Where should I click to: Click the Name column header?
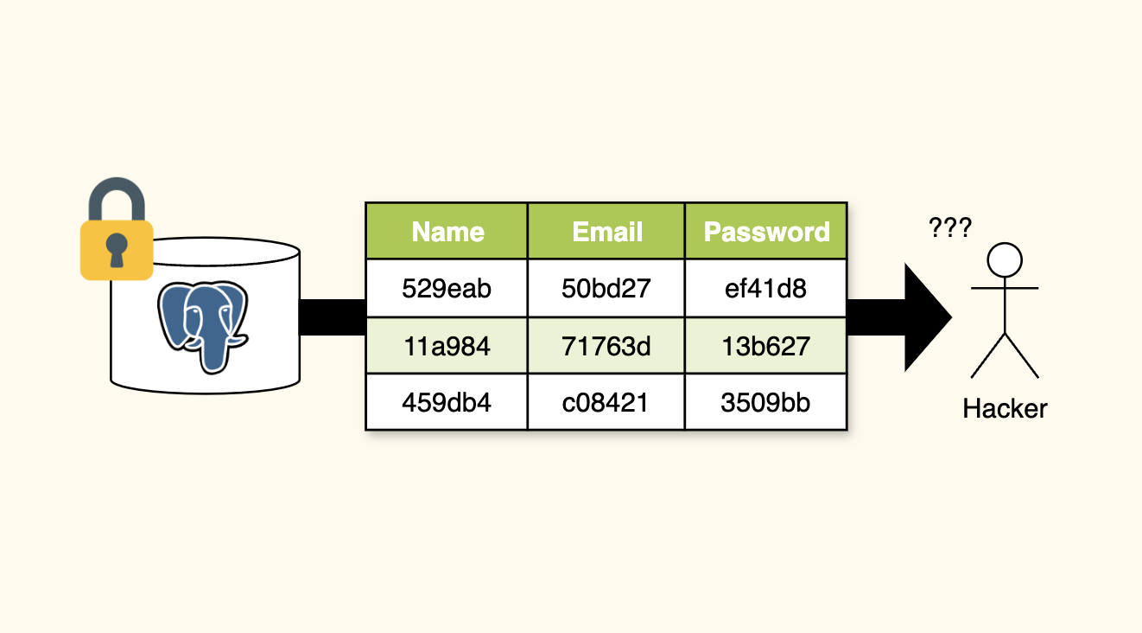point(447,232)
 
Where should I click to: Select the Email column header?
point(607,232)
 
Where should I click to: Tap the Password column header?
point(766,232)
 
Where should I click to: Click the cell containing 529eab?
point(447,288)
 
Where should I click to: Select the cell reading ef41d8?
point(765,288)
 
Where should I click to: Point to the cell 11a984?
point(447,346)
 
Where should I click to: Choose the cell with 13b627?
point(765,346)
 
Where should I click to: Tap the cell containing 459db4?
point(447,402)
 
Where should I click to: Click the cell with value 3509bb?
point(765,402)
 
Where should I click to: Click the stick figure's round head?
point(1005,259)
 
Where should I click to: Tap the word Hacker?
point(1005,408)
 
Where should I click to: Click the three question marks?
point(950,228)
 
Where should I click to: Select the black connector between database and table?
point(333,317)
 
